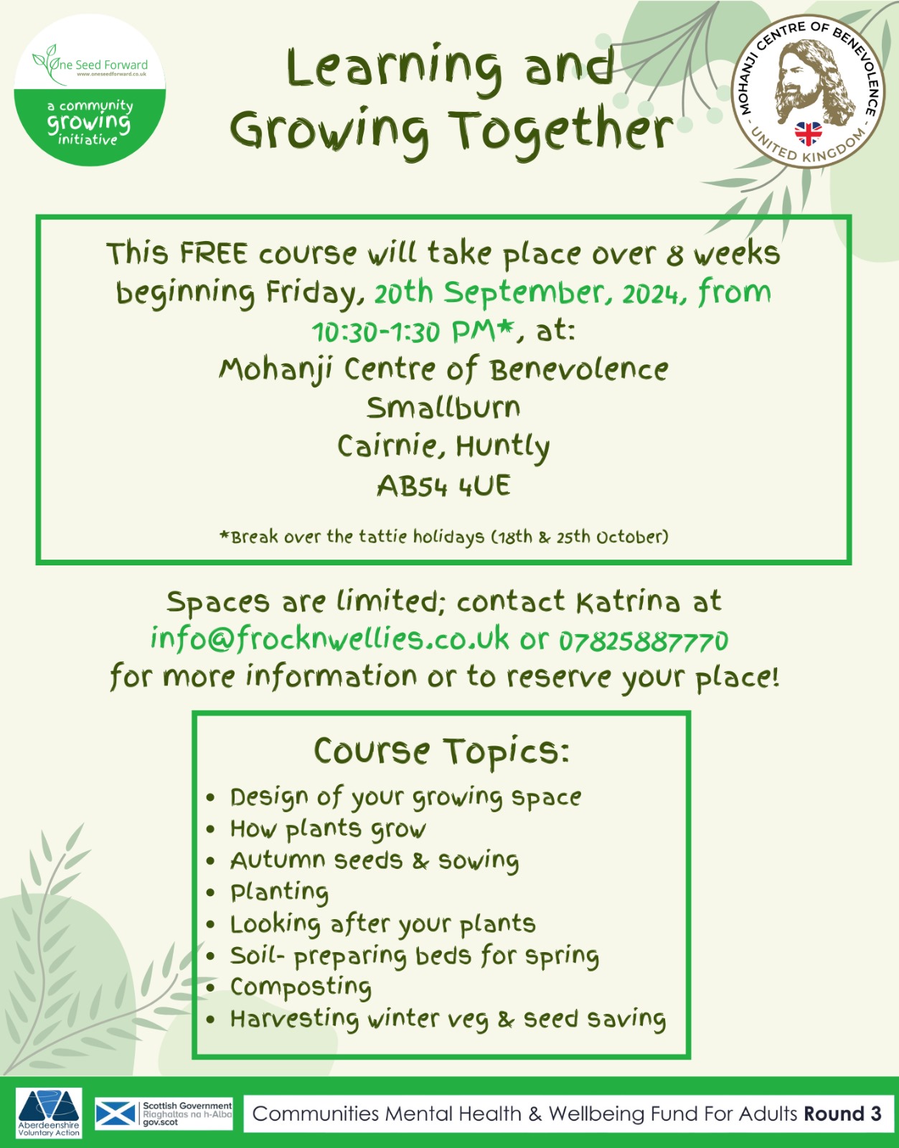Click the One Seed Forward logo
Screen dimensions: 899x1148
[90, 90]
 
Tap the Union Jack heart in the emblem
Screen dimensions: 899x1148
[808, 133]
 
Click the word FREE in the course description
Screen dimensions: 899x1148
[213, 253]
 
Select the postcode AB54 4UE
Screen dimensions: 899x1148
[443, 486]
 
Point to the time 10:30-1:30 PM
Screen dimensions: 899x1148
[413, 331]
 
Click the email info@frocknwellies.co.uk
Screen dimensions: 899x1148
[329, 639]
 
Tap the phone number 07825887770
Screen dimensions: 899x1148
[644, 641]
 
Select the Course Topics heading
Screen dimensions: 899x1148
[442, 751]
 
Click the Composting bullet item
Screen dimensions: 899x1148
[301, 987]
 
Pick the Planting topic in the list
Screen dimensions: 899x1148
[279, 892]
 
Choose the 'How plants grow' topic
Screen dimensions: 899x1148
[328, 829]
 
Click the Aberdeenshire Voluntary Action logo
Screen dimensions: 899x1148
[49, 1112]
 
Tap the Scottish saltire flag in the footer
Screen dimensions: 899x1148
[116, 1114]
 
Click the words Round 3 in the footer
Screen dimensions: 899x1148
[842, 1113]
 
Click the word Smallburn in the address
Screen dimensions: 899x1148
[443, 408]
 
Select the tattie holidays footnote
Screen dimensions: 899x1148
[444, 537]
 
